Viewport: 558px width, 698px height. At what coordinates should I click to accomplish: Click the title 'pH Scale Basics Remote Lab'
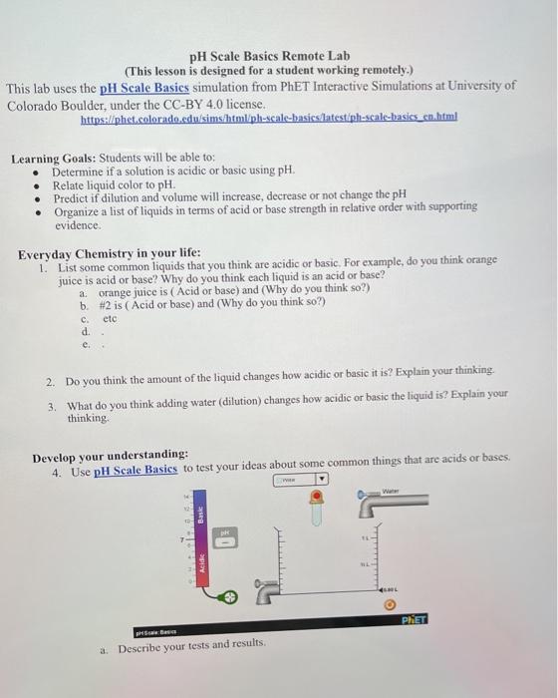269,56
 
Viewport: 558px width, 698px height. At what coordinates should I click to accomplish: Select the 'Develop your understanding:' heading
111,455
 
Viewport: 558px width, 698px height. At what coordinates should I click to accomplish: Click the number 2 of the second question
51,382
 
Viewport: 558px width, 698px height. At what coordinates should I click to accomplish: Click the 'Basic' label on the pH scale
199,516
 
